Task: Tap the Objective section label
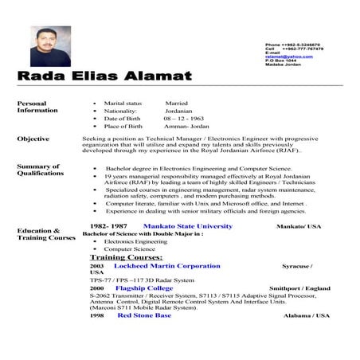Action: pyautogui.click(x=33, y=139)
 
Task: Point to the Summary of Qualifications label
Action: pyautogui.click(x=40, y=169)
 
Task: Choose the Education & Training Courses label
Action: pyautogui.click(x=45, y=233)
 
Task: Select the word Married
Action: pyautogui.click(x=176, y=103)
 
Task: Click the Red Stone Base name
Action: pyautogui.click(x=144, y=315)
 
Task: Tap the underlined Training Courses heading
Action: pyautogui.click(x=126, y=257)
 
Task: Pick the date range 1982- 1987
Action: pyautogui.click(x=109, y=226)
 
